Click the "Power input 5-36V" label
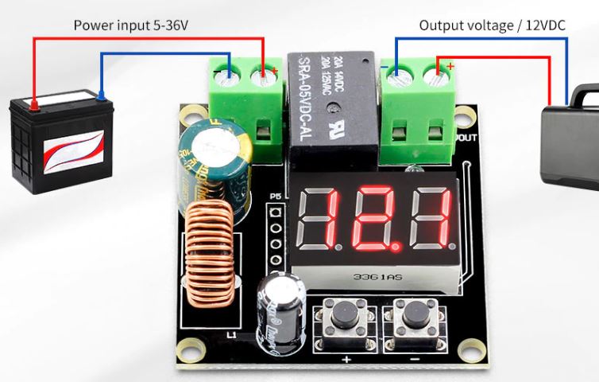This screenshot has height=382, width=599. coord(131,25)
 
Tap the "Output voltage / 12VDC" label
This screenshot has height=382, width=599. coord(492,25)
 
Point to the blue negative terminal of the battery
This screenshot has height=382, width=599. coord(100,96)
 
